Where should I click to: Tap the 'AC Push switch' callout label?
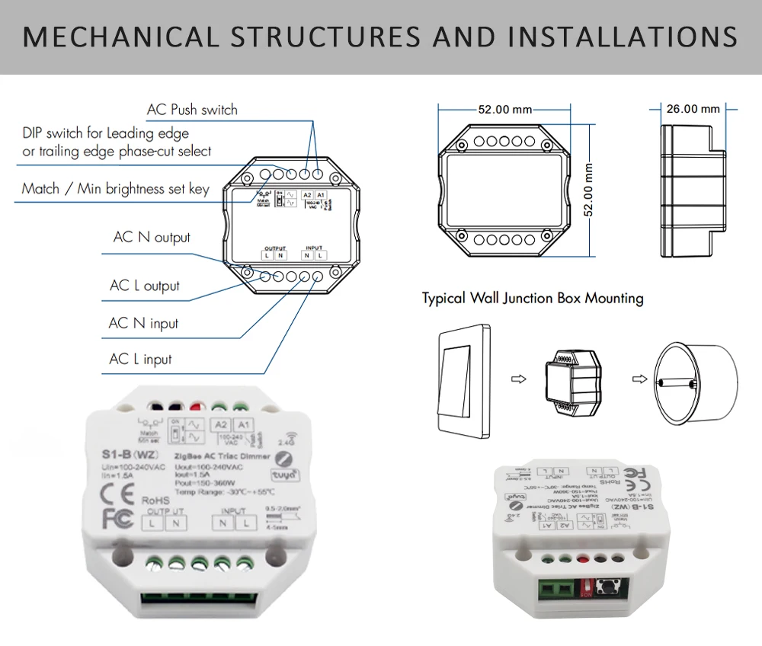(192, 110)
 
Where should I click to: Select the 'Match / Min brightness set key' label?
(115, 189)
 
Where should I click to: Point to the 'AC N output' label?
(152, 238)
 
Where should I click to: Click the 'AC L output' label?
(145, 286)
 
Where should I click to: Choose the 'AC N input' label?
(143, 324)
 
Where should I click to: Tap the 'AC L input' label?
(141, 360)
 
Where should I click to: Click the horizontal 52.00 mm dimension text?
(504, 110)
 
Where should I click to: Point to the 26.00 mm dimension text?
(693, 109)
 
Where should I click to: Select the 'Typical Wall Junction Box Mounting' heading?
(533, 298)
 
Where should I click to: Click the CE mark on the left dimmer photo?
(117, 490)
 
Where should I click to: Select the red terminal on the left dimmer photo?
(200, 407)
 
